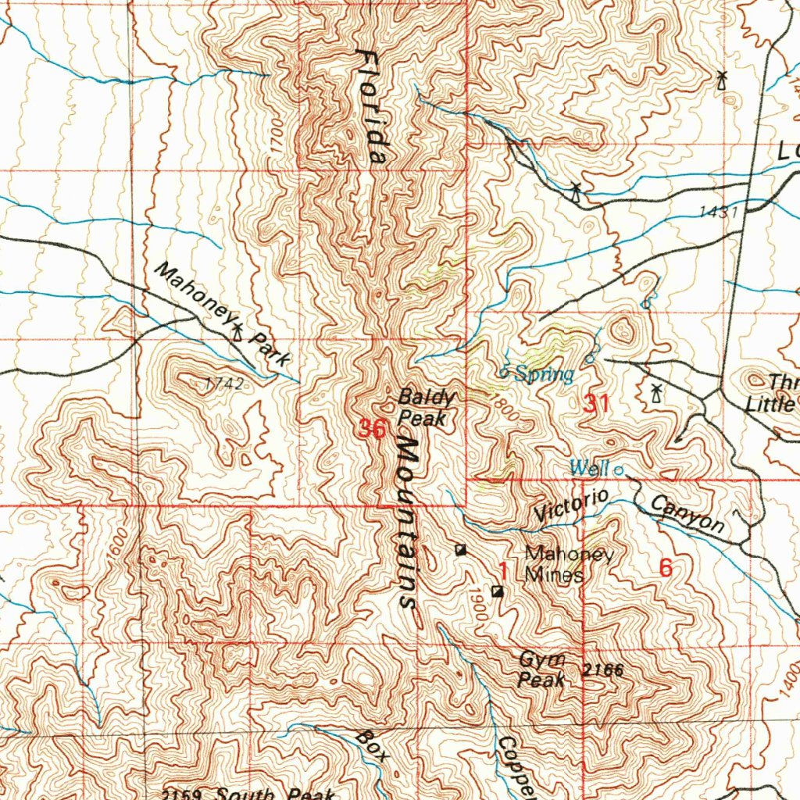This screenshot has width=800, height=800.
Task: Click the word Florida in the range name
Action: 372,105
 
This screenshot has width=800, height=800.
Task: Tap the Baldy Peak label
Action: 423,408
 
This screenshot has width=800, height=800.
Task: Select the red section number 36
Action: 373,429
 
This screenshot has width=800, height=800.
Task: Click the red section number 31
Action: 596,404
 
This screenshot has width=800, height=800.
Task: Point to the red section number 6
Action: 665,569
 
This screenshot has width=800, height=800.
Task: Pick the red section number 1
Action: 504,572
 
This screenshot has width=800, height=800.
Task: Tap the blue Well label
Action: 588,468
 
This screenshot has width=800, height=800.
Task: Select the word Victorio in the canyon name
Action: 572,505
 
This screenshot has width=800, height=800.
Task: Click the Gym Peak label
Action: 541,670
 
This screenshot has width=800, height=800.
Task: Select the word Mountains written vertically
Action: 409,522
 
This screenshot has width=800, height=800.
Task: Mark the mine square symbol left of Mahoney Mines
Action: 461,550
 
